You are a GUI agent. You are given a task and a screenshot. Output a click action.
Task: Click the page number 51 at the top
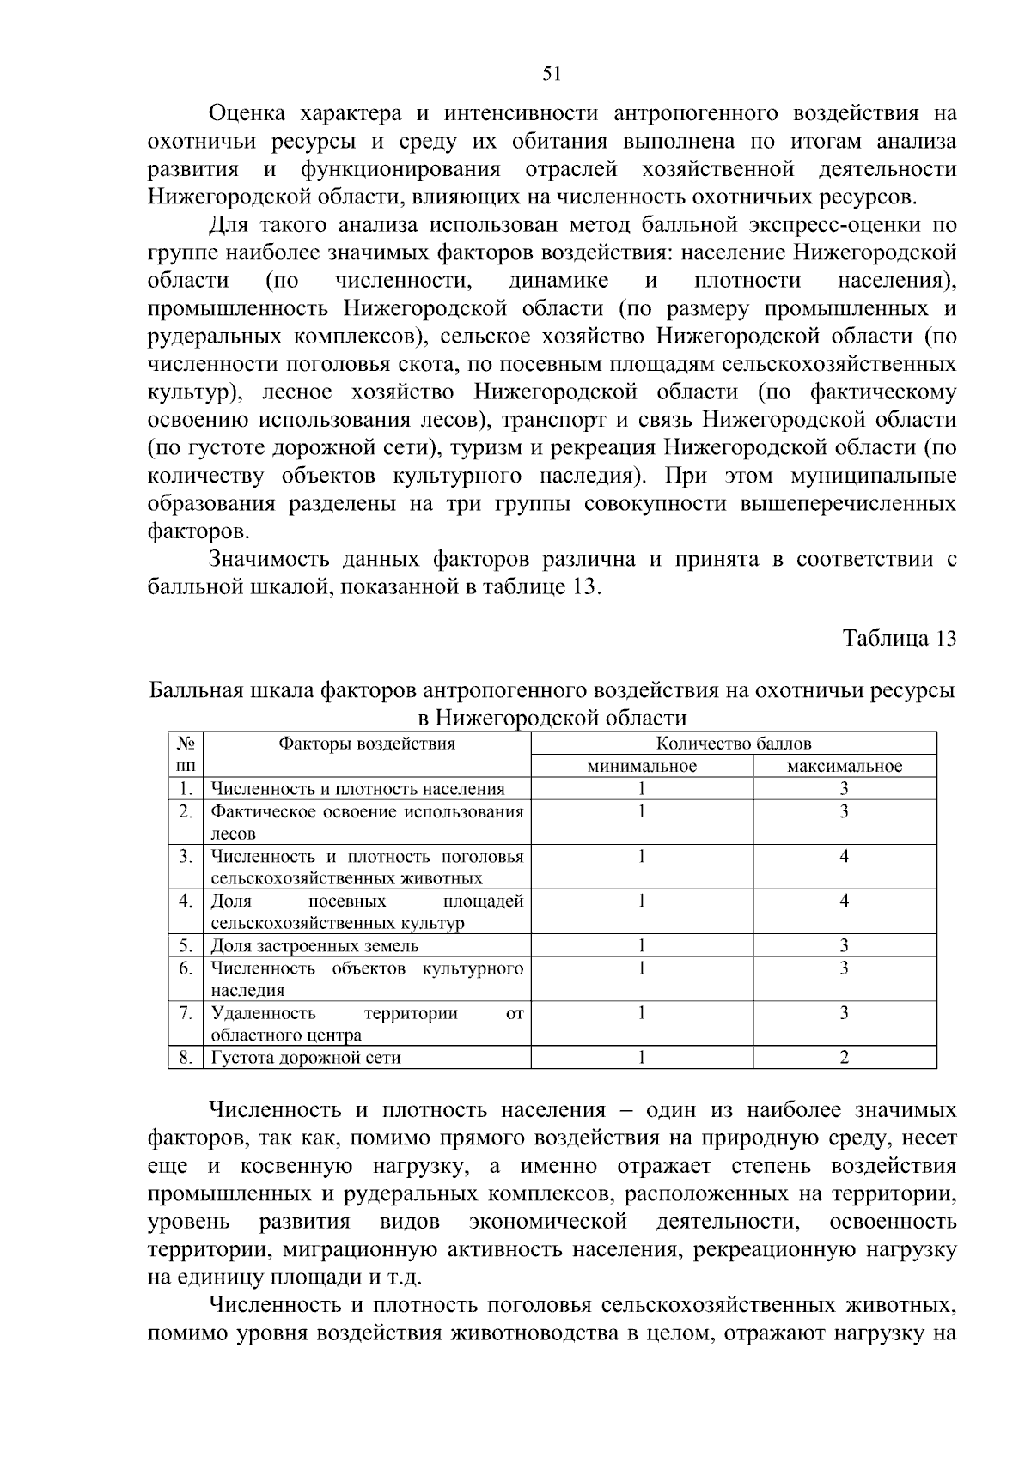[552, 74]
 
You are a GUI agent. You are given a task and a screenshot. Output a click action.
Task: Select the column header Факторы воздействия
[367, 744]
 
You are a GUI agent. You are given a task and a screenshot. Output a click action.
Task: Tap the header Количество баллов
[734, 744]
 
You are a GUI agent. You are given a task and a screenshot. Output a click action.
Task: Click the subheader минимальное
[642, 766]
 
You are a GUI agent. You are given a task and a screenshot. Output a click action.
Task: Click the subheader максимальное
[845, 766]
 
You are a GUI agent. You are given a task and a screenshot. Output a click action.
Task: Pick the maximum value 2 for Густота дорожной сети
[845, 1058]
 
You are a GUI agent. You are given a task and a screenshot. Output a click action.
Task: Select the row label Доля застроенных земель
[315, 946]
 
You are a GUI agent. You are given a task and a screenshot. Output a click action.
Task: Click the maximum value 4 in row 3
[845, 856]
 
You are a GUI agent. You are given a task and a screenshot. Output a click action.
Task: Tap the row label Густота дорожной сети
[306, 1058]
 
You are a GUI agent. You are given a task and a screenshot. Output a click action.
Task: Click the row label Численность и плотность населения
[358, 789]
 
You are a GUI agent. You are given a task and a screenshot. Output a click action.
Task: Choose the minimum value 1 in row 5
[642, 946]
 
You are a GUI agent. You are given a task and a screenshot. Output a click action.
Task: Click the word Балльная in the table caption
[199, 691]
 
